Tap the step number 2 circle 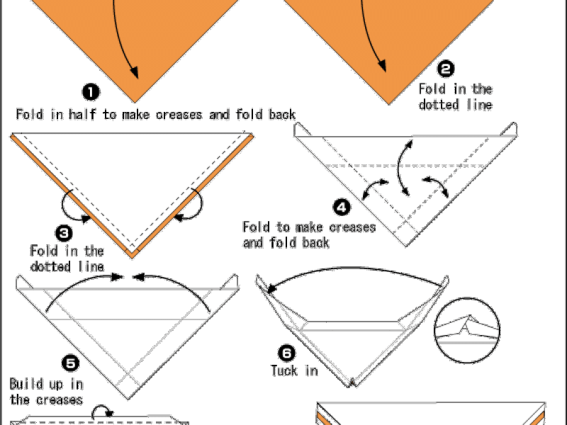tap(447, 69)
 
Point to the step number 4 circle tap(342, 208)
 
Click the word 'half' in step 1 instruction tap(83, 114)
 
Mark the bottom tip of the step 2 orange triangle tap(388, 104)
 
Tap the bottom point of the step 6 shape tap(351, 387)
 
